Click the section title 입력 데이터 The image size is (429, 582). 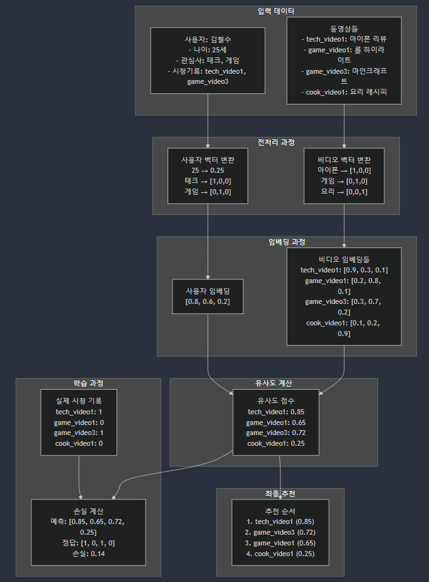276,11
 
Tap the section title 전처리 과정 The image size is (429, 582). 276,142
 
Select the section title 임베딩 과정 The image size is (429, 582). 287,242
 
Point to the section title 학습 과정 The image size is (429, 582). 88,383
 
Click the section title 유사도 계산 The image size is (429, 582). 273,383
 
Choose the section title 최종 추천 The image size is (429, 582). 280,492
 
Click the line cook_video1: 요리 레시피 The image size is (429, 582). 343,92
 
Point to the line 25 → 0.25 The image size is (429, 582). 207,170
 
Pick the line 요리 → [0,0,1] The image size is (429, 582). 343,191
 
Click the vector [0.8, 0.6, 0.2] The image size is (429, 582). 207,302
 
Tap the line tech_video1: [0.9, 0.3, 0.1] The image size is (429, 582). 344,270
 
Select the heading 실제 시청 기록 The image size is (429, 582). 79,400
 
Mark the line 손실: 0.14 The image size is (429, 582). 88,553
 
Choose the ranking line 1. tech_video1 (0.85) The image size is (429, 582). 280,521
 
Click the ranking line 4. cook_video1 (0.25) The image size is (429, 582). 280,554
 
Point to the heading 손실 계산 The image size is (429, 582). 88,511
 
